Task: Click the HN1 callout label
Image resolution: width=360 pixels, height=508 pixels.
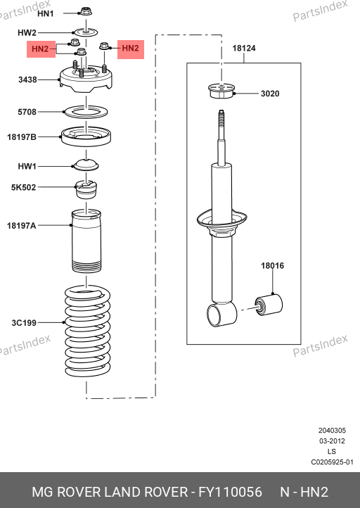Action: [45, 13]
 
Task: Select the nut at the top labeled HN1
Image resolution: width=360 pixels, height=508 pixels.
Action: [86, 12]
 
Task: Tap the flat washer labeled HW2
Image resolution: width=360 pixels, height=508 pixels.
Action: [86, 32]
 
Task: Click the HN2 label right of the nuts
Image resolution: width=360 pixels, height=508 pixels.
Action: [131, 49]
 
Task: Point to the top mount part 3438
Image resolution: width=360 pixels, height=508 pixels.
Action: [86, 80]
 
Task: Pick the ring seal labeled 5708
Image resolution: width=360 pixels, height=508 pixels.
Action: [86, 112]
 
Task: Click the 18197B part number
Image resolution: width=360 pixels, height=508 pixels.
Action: [22, 137]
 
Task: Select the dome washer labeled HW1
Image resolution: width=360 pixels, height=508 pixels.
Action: [86, 165]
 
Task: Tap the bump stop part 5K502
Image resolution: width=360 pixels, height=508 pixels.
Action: [86, 189]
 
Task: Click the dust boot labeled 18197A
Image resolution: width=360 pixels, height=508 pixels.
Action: [86, 241]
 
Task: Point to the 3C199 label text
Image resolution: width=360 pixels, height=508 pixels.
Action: [24, 323]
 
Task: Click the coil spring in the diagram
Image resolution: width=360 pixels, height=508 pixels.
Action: [87, 331]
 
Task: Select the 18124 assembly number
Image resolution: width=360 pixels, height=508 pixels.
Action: [244, 49]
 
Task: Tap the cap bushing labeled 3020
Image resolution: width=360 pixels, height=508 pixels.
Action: [221, 91]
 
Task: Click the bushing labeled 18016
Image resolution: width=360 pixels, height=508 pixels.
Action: [269, 305]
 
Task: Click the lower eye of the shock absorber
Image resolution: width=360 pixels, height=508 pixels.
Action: [221, 314]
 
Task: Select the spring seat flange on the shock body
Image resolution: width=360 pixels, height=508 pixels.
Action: [222, 220]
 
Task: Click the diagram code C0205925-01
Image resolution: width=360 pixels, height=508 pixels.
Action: [332, 462]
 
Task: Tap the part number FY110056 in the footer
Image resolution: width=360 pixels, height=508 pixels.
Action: [230, 492]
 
